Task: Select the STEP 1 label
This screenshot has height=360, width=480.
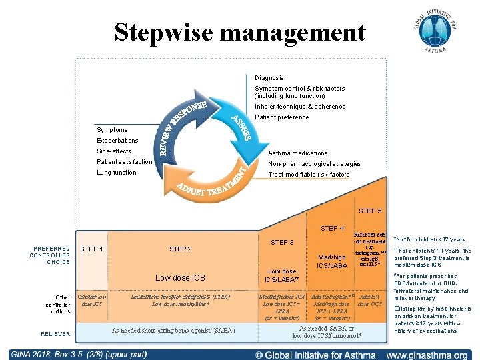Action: coord(91,249)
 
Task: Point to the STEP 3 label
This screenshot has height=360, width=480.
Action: coord(282,242)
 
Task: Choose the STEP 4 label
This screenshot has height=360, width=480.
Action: coord(332,229)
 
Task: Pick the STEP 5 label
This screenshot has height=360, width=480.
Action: coord(370,211)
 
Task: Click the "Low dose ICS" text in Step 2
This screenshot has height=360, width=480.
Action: coord(180,277)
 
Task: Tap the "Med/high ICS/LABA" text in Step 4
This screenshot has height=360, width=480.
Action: coord(332,261)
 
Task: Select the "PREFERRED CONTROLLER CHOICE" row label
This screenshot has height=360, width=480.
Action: coord(51,255)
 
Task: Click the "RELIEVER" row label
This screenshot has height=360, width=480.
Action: coord(55,334)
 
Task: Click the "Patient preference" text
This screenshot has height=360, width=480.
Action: coord(282,117)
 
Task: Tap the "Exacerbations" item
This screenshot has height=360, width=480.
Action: coord(117,141)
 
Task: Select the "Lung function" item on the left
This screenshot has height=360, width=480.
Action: coord(116,173)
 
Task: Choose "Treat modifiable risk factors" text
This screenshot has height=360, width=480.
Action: coord(308,175)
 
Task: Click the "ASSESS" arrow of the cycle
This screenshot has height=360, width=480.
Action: coord(241,127)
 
